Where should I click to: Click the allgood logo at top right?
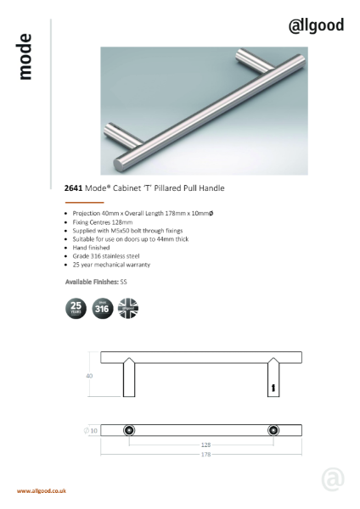(316, 25)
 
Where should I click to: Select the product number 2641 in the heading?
(74, 188)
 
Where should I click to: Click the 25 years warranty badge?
(75, 307)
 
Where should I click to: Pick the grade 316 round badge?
(102, 307)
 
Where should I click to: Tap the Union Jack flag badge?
(128, 307)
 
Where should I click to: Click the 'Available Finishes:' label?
(93, 280)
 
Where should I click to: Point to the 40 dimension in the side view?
(89, 374)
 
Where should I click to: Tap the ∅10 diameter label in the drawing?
(92, 430)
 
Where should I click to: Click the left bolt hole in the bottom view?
(128, 430)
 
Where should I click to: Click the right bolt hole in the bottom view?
(273, 430)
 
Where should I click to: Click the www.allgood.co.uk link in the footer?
(42, 491)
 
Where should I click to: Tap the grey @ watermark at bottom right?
(332, 478)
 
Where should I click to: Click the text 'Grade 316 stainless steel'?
(105, 255)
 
